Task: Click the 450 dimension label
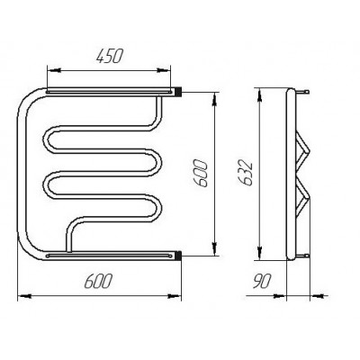(x=110, y=57)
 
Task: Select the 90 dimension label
(x=262, y=281)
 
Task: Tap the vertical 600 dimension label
(x=200, y=174)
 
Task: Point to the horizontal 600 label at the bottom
(x=98, y=281)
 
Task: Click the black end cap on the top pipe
(x=179, y=92)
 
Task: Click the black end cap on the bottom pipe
(x=179, y=256)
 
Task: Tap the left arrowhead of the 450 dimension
(x=55, y=70)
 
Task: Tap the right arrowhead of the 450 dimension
(x=163, y=70)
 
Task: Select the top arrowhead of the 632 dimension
(x=260, y=95)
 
